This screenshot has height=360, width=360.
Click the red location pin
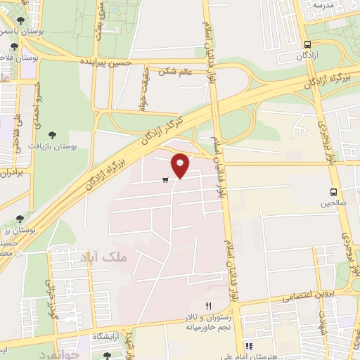181,165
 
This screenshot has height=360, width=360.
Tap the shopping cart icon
165,180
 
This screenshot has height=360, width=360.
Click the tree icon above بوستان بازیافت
52,134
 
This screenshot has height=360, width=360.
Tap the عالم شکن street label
175,71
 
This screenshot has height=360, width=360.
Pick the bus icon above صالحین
334,191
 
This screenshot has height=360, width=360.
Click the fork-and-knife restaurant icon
208,306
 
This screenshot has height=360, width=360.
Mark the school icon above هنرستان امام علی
249,345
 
